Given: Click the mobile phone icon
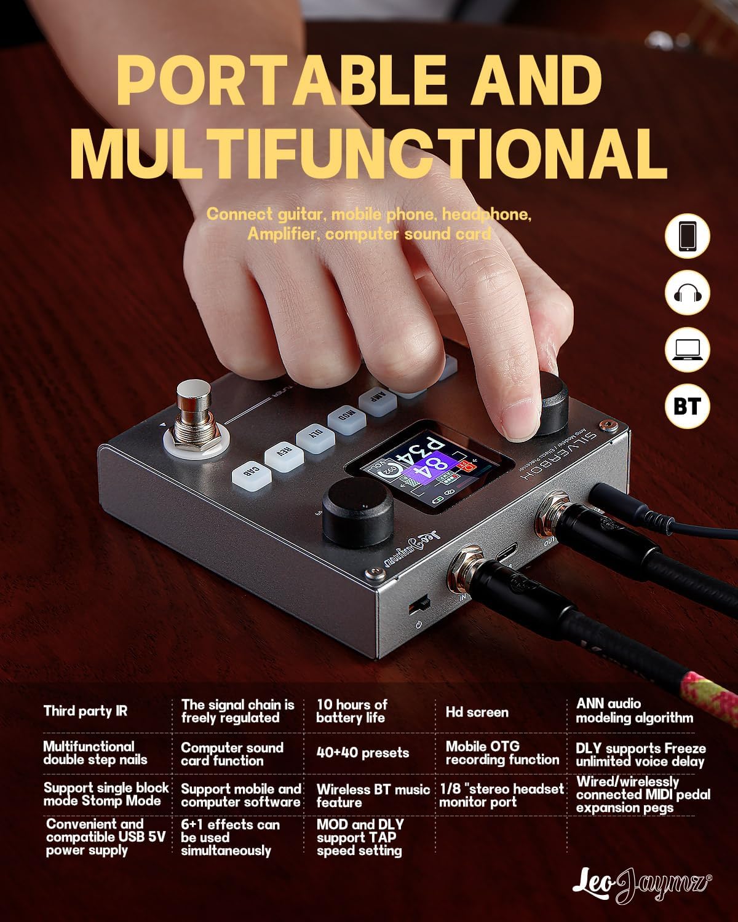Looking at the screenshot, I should pyautogui.click(x=688, y=236).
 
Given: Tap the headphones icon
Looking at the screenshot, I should pyautogui.click(x=688, y=293).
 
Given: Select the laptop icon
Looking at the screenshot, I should pyautogui.click(x=688, y=350).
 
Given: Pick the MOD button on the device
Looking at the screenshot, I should pyautogui.click(x=347, y=415).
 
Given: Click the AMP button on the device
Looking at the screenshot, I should pyautogui.click(x=376, y=398).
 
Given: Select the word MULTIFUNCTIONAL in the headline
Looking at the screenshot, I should pyautogui.click(x=372, y=152).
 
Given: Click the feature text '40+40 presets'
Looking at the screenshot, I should pyautogui.click(x=362, y=753).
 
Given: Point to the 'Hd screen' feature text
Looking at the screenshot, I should pyautogui.click(x=477, y=712).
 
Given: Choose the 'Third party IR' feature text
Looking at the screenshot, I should pyautogui.click(x=85, y=711).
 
